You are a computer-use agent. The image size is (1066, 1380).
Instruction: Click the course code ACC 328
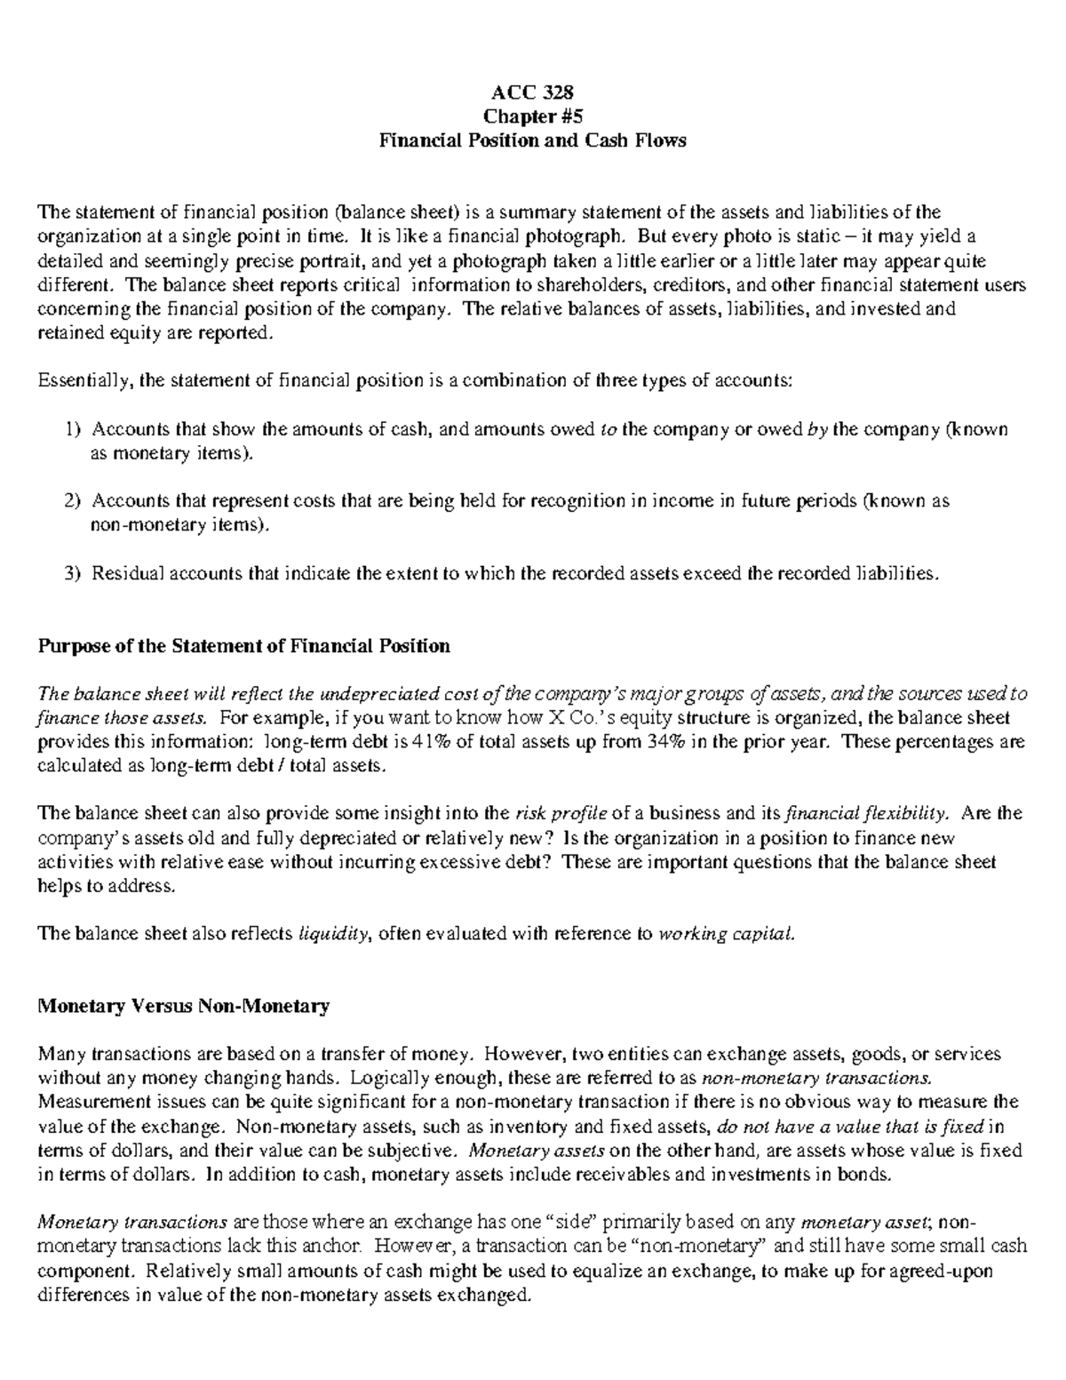(x=532, y=92)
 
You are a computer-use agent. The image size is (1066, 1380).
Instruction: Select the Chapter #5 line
(x=532, y=116)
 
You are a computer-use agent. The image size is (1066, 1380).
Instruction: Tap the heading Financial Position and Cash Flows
(x=532, y=140)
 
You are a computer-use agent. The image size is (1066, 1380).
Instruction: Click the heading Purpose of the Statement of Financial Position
(x=243, y=646)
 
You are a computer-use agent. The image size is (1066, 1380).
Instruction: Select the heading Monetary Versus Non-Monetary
(x=183, y=1006)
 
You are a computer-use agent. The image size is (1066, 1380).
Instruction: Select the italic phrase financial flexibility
(x=871, y=814)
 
